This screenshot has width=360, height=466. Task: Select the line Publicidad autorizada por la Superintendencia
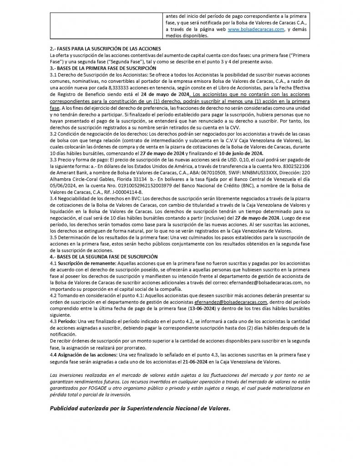pos(140,408)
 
